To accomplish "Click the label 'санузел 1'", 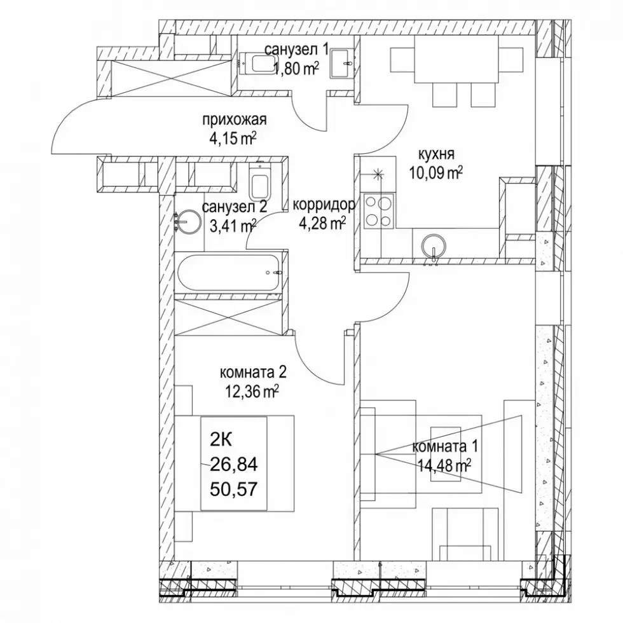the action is (297, 50).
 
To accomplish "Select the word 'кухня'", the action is (436, 154).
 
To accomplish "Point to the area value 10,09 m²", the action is (436, 172).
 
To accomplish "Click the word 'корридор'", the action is (324, 205).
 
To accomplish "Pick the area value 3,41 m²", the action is (233, 226).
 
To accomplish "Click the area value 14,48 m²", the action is (444, 465).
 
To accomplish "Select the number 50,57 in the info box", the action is (234, 488).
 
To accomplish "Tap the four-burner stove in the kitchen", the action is (378, 211).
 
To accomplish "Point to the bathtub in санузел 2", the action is (230, 273).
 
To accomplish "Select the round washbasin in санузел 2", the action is (188, 221).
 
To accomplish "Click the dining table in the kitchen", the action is (456, 60).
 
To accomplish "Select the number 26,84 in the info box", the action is (234, 464).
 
